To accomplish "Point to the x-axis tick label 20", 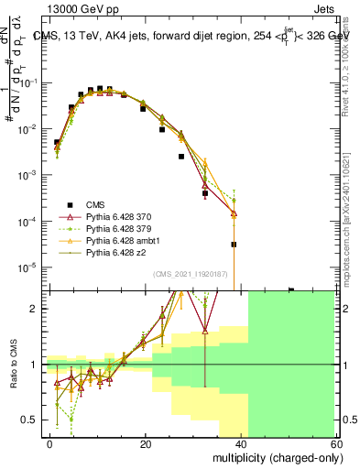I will pos(146,443).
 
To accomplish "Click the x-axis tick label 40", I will pos(241,443).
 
